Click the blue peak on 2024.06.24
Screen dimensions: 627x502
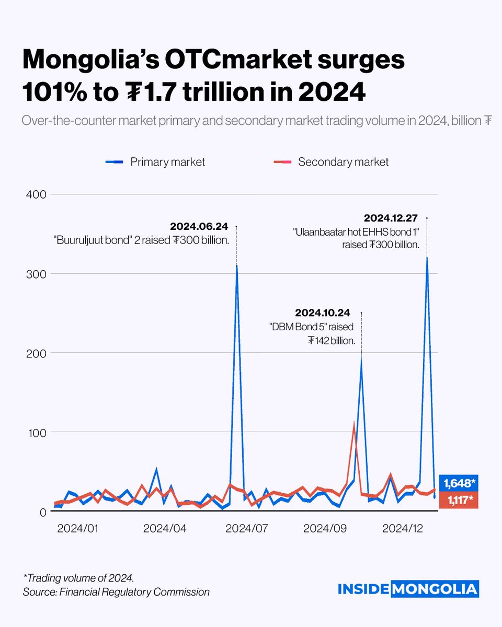coord(236,266)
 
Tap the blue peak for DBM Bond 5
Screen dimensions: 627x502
coord(361,361)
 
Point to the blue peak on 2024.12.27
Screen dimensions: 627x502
coord(427,258)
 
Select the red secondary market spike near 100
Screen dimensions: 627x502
coord(354,426)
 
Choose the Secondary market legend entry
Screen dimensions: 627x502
coord(331,162)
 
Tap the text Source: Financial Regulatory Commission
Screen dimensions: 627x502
coord(116,592)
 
